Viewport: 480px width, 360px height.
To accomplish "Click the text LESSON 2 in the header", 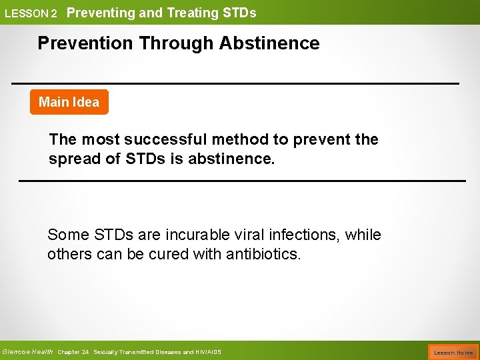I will [31, 13].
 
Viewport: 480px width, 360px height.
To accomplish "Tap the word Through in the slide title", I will [177, 43].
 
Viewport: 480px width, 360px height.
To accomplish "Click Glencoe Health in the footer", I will [27, 351].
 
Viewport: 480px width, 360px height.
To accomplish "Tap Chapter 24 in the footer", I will [73, 352].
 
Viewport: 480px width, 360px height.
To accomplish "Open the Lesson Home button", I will [453, 352].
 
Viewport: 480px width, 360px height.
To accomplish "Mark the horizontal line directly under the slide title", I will [235, 83].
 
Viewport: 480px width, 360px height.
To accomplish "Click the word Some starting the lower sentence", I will [67, 235].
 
